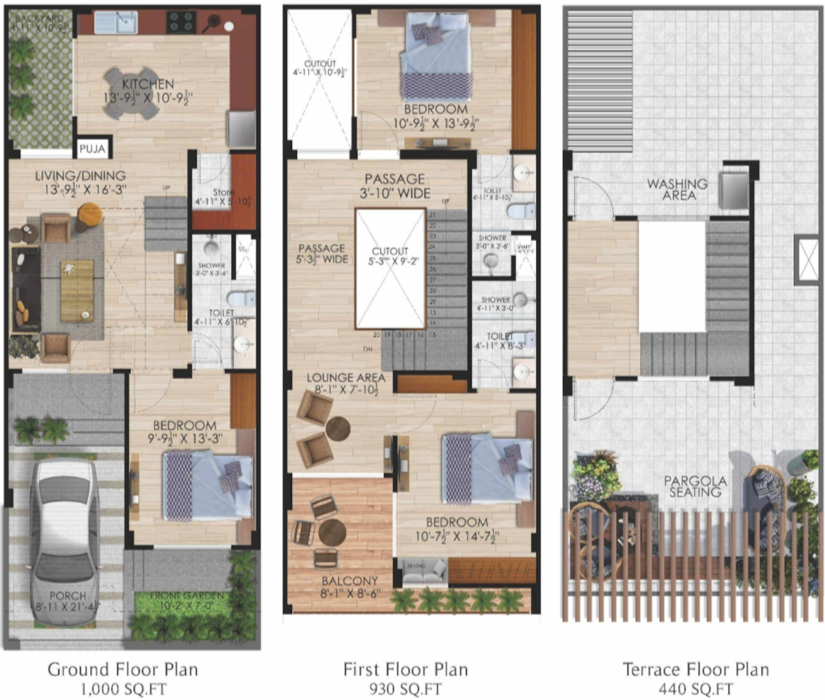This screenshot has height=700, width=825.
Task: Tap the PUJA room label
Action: coord(93,150)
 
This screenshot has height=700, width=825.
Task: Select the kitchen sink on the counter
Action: coord(115,23)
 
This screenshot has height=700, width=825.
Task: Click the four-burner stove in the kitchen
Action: coord(181,22)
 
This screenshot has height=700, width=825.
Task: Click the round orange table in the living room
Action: coord(89,214)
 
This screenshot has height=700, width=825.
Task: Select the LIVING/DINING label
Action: coord(80,176)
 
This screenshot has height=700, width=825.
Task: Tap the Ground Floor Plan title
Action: coord(122,670)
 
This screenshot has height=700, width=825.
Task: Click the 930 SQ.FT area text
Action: coord(405,689)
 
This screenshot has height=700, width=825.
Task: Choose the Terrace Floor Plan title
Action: coord(696,670)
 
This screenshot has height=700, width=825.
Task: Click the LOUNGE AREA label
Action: coord(346,378)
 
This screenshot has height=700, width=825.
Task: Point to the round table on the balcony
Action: coord(332,532)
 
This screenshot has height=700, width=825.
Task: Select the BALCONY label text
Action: coord(350,581)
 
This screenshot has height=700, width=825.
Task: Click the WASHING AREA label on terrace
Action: coord(677,190)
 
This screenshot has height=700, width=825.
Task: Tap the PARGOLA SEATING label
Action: coord(695,486)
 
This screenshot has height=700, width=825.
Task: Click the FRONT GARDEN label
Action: coord(187,596)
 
